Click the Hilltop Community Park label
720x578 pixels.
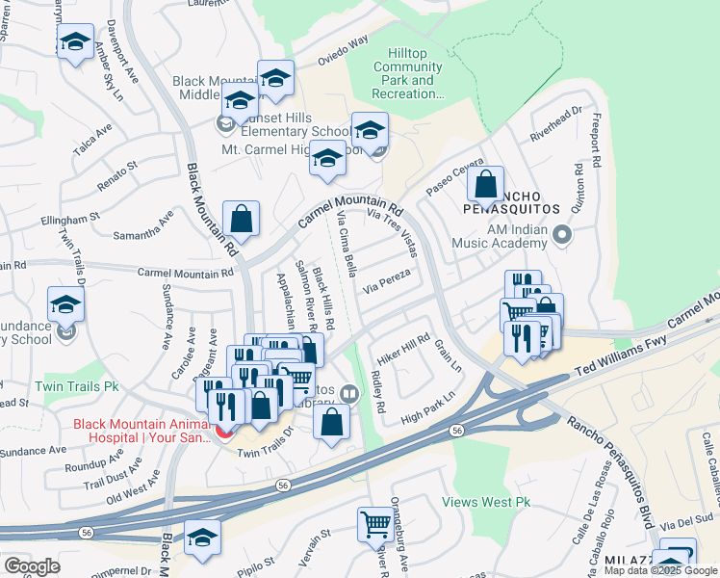point(407,73)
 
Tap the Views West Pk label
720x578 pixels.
point(486,502)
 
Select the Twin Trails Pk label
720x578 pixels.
point(77,386)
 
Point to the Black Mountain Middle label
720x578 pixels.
point(213,89)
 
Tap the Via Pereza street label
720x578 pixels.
point(387,281)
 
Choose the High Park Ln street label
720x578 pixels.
point(427,408)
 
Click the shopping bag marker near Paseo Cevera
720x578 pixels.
point(486,185)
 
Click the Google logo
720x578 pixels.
point(32,566)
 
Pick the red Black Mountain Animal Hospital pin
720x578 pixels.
point(226,429)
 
